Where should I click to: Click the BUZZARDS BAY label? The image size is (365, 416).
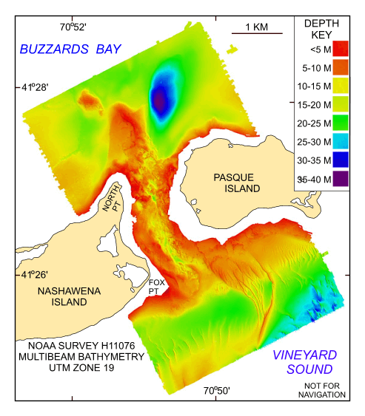coord(71,49)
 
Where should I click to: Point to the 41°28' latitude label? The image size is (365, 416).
coord(35,87)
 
